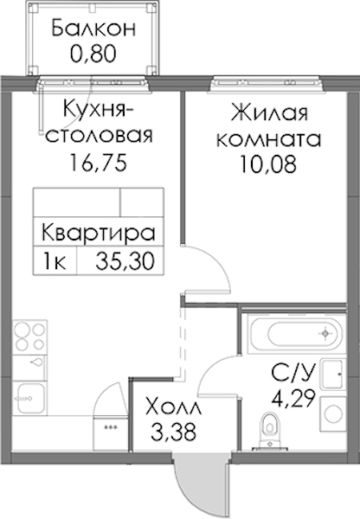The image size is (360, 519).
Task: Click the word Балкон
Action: (x=93, y=29)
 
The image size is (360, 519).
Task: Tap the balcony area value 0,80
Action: (x=93, y=54)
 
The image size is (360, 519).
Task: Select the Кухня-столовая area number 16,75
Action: (x=98, y=163)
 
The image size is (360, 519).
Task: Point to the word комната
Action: (x=268, y=139)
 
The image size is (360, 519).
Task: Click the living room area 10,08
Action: (x=268, y=164)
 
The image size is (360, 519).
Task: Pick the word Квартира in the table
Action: (x=99, y=233)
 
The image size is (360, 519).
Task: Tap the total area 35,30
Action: (x=125, y=261)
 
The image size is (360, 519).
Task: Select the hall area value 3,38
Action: (x=173, y=432)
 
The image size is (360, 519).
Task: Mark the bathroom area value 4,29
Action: (x=292, y=398)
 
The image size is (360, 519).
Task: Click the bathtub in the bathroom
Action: (x=294, y=333)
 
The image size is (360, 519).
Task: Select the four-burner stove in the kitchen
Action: (x=29, y=336)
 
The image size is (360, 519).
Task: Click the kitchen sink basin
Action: (x=29, y=398)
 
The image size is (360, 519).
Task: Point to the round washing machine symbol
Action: (x=333, y=413)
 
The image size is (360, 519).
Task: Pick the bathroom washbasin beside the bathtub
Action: (x=333, y=374)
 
